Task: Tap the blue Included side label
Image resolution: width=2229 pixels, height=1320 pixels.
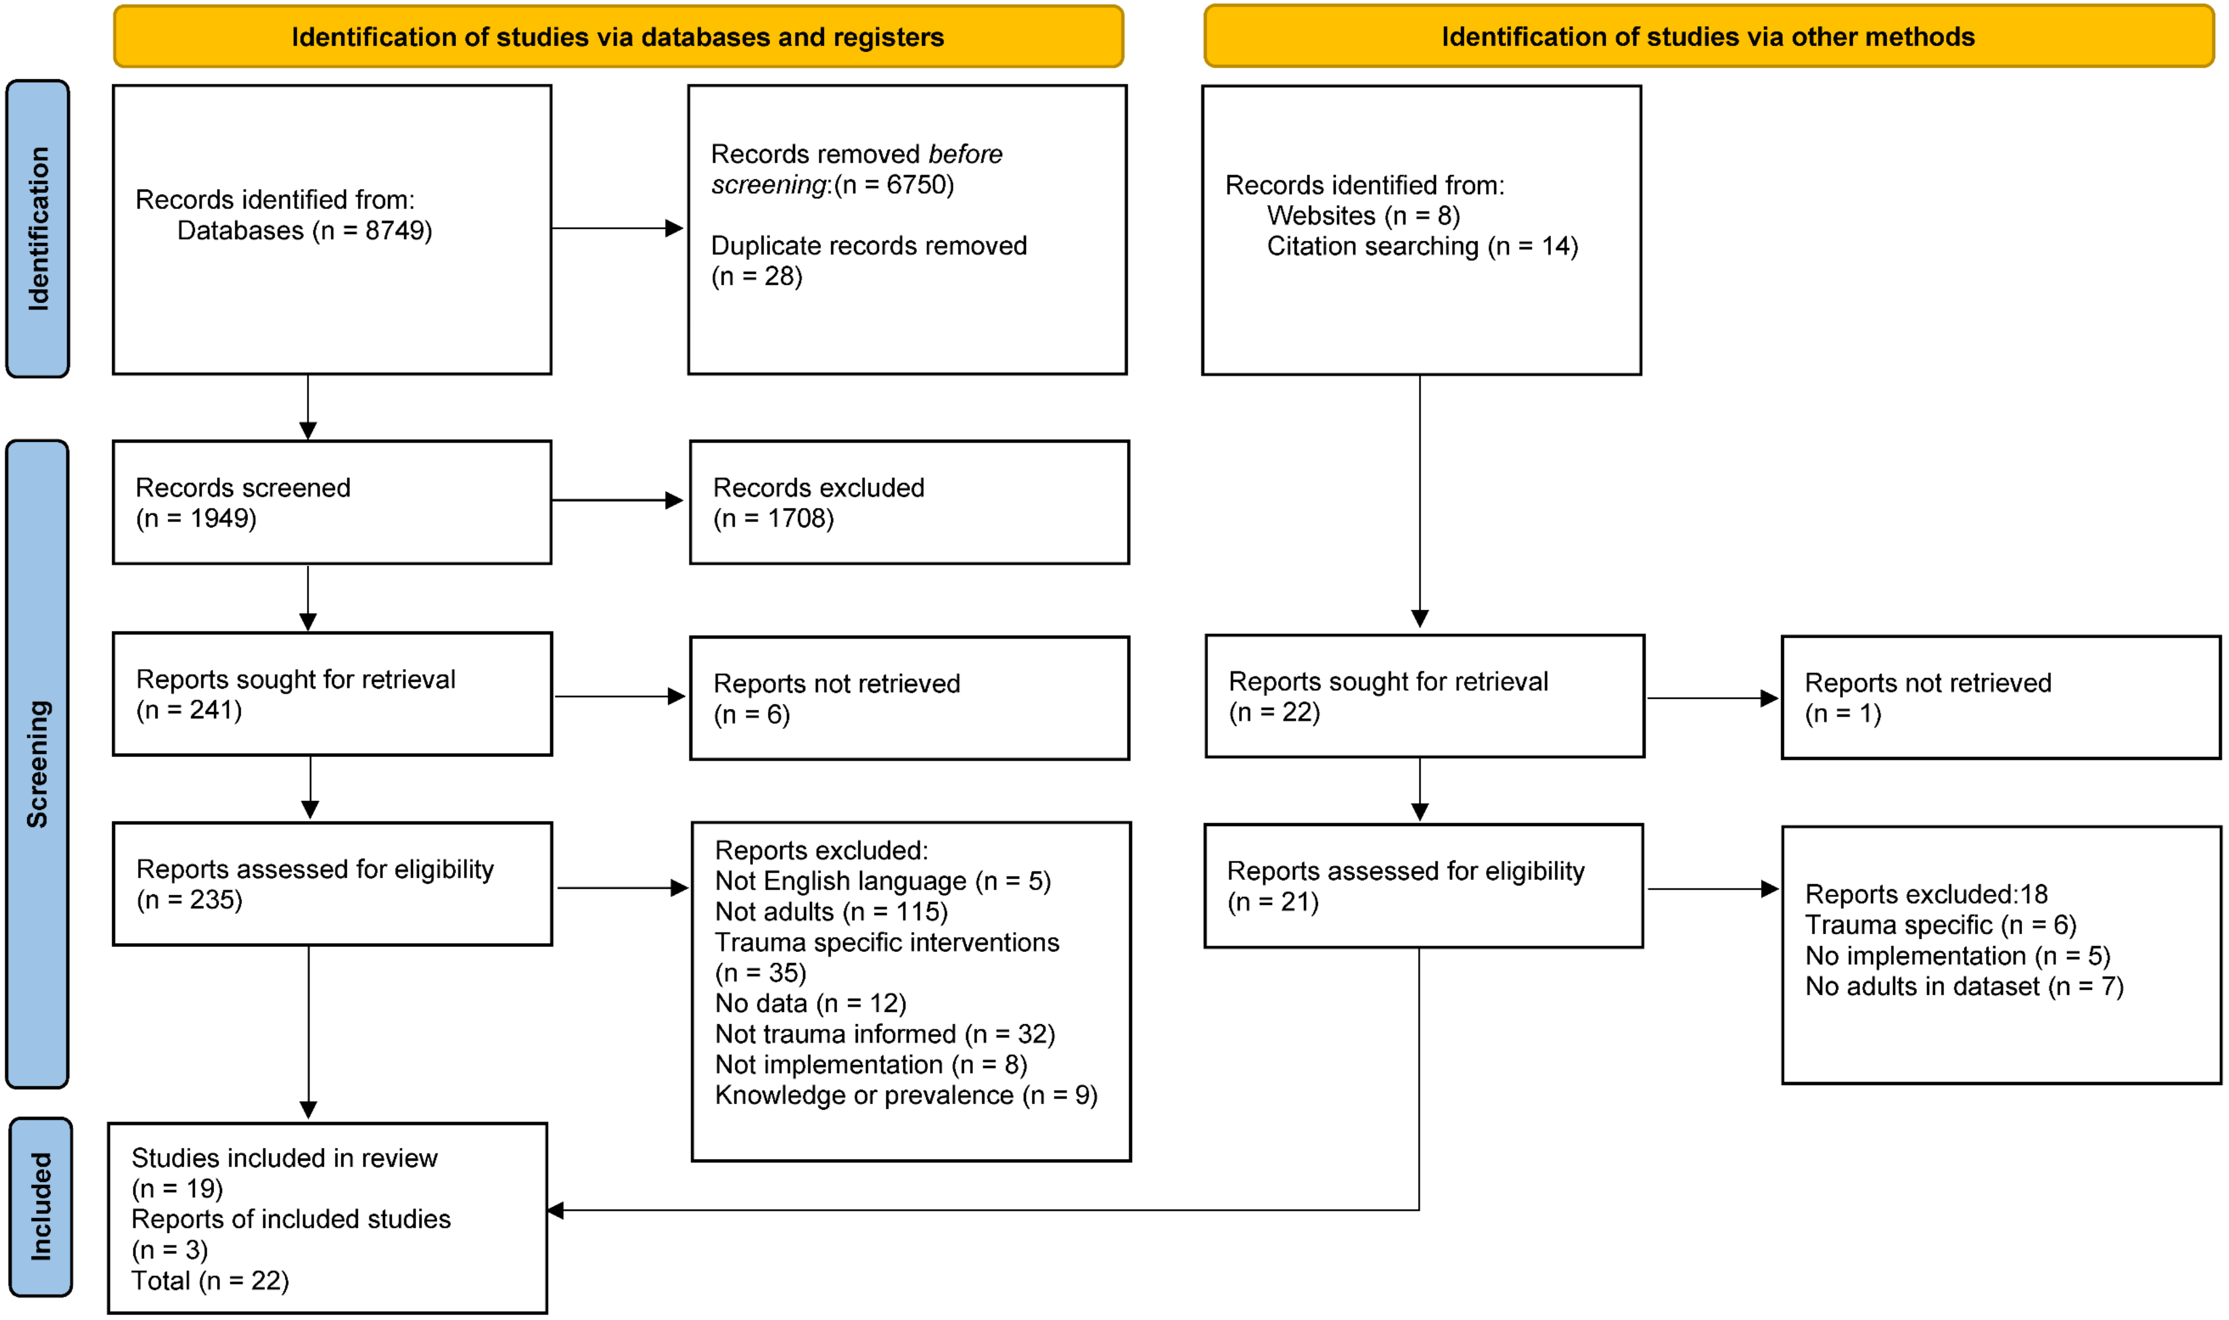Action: click(40, 1206)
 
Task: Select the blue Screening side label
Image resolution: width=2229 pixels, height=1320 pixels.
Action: click(37, 763)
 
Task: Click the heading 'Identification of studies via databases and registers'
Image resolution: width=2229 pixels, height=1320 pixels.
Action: click(618, 37)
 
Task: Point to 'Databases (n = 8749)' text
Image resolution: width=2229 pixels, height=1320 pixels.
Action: click(304, 230)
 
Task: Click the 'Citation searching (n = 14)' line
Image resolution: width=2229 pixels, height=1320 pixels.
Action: click(1422, 246)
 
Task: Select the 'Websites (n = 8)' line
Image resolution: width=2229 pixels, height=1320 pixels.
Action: click(1363, 215)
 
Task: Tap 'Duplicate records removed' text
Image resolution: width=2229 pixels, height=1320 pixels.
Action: click(868, 245)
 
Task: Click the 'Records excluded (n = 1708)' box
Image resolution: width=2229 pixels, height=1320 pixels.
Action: click(909, 502)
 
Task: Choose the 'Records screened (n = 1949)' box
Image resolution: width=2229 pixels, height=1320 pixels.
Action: click(332, 502)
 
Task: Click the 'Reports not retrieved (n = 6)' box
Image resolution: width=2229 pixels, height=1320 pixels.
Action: click(909, 698)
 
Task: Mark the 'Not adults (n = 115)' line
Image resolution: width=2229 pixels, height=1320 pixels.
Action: click(831, 911)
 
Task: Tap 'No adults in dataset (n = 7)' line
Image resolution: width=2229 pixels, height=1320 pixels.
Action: click(1963, 986)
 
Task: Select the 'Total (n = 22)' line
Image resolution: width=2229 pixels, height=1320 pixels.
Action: click(210, 1281)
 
